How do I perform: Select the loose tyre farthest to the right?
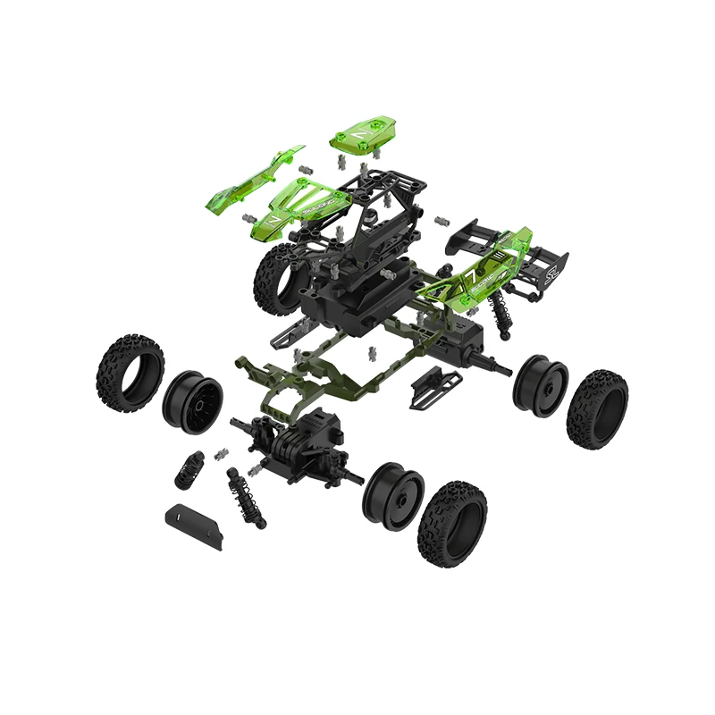[x=597, y=408]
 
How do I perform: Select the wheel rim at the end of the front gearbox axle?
[x=392, y=494]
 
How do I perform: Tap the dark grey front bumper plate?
[x=194, y=526]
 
